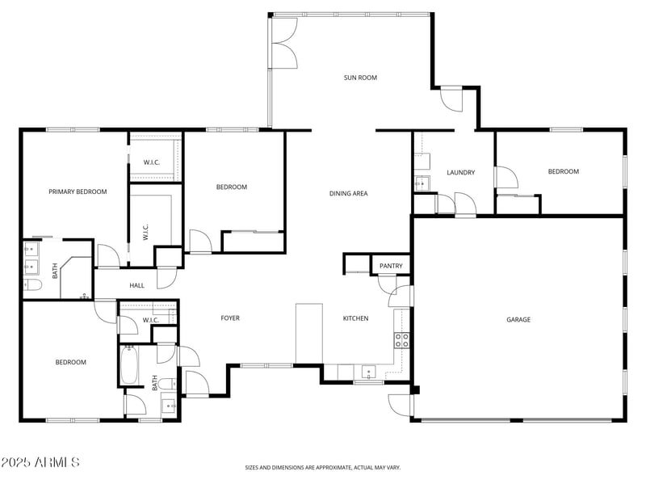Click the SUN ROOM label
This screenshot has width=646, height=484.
tap(360, 78)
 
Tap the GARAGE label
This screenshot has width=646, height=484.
tap(518, 320)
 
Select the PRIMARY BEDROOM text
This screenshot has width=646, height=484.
tap(78, 191)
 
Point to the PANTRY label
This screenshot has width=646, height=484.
tap(391, 266)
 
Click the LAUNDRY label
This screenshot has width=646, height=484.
tap(460, 172)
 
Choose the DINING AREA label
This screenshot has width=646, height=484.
tap(349, 193)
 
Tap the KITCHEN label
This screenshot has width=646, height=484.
tap(355, 318)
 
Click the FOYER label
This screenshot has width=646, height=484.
tap(230, 318)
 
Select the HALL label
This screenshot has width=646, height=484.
tap(136, 285)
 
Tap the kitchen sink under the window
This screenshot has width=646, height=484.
tap(369, 373)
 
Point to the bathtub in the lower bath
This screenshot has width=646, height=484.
tap(130, 366)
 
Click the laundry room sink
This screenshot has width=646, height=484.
tap(421, 183)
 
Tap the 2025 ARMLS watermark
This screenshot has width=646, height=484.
tap(40, 462)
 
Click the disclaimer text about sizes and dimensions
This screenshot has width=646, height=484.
tap(323, 467)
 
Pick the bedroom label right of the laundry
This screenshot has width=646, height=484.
tap(563, 171)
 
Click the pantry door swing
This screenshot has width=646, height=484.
tap(385, 283)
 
